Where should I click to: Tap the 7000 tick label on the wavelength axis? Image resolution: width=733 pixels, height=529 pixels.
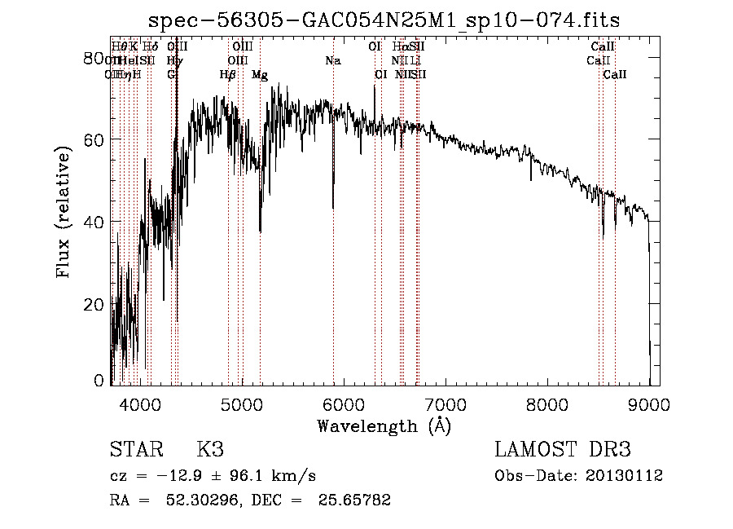coord(445,403)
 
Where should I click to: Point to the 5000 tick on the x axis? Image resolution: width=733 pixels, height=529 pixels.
coord(242,403)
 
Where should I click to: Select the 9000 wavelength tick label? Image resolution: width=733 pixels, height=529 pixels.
coord(648,403)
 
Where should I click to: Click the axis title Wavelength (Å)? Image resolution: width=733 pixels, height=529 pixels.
coord(384,425)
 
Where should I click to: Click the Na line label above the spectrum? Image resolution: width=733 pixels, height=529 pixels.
coord(332,61)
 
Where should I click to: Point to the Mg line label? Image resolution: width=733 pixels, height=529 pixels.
coord(260,75)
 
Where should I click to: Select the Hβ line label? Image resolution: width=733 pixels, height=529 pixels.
coord(228,75)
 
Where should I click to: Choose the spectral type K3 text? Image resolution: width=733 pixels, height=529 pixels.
coord(209,449)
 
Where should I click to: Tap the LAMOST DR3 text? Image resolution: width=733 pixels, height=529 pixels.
coord(563,449)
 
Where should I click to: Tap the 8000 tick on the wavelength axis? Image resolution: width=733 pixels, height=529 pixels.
coord(546,403)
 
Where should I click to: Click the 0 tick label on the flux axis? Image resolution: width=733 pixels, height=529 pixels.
coord(100,381)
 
